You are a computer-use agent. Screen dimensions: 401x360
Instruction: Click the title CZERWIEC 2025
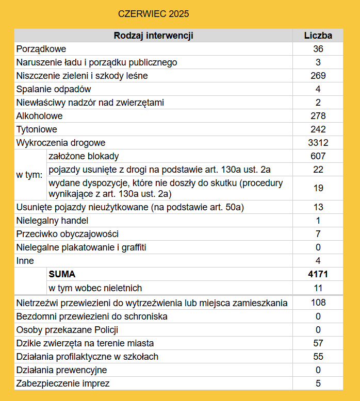(x=153, y=13)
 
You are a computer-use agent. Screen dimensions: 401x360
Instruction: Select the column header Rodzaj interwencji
(x=153, y=36)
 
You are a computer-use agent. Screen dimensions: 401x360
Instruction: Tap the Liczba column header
(x=318, y=36)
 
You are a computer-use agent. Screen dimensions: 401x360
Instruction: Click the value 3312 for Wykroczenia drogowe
(x=318, y=143)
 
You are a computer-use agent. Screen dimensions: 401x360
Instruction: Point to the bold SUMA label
(x=62, y=274)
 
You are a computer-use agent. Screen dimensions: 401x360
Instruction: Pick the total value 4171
(x=318, y=274)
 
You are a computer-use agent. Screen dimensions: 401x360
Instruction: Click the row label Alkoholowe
(x=40, y=116)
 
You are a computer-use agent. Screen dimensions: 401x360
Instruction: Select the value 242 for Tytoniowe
(x=318, y=129)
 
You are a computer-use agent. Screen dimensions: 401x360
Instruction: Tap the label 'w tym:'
(x=29, y=175)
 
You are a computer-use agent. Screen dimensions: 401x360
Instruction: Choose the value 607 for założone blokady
(x=318, y=156)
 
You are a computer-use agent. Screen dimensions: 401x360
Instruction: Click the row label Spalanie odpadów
(x=54, y=89)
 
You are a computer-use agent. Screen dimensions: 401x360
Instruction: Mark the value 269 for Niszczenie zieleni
(x=318, y=76)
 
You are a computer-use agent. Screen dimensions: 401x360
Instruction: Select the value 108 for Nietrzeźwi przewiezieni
(x=318, y=303)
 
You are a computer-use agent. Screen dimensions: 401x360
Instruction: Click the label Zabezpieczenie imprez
(x=63, y=383)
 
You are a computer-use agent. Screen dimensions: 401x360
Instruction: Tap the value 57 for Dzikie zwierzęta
(x=318, y=343)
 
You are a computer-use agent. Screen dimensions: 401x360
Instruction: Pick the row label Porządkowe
(x=41, y=49)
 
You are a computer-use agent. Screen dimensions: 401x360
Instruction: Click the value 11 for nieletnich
(x=318, y=288)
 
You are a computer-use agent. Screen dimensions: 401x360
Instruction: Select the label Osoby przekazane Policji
(x=67, y=329)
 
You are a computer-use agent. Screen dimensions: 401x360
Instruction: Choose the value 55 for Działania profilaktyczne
(x=318, y=356)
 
